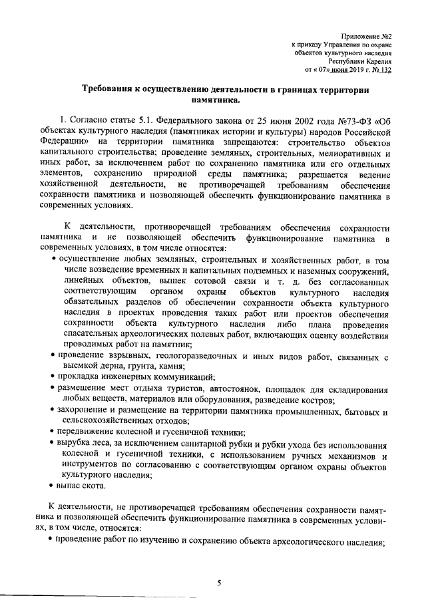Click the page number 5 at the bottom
coord(218,583)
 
